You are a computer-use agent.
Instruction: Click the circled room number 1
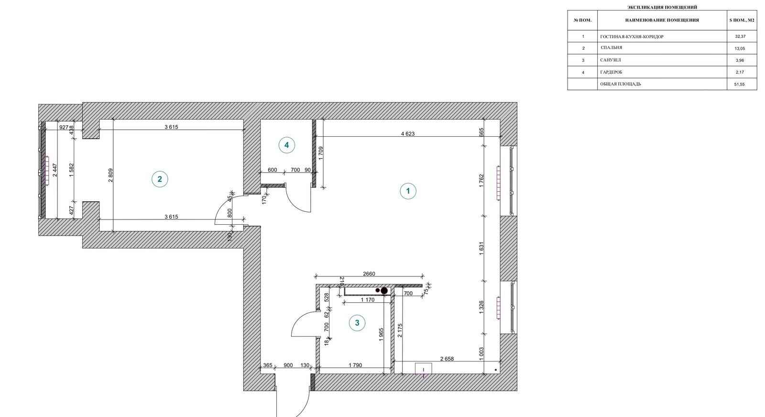(x=408, y=191)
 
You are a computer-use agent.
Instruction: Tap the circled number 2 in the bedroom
(x=160, y=179)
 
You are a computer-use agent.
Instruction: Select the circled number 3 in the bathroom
(x=357, y=323)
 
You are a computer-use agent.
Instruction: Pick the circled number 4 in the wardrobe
(x=286, y=145)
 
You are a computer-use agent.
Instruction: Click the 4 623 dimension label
(x=408, y=133)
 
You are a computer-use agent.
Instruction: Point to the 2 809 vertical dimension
(x=110, y=175)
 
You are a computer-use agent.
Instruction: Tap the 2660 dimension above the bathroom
(x=369, y=274)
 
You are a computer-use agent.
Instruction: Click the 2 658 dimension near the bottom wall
(x=447, y=359)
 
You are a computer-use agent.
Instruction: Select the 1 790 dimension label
(x=355, y=365)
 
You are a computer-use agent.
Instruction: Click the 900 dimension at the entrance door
(x=288, y=365)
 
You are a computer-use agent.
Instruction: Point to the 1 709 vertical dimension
(x=320, y=154)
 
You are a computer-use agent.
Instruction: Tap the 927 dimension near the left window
(x=64, y=127)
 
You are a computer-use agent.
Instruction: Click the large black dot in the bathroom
(x=384, y=291)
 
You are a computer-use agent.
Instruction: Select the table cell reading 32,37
(x=741, y=36)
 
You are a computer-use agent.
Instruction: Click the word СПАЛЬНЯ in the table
(x=612, y=48)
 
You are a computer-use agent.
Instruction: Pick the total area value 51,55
(x=740, y=84)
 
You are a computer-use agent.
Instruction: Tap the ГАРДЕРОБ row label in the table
(x=612, y=72)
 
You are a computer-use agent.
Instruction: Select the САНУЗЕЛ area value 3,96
(x=740, y=60)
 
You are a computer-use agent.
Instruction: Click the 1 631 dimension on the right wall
(x=481, y=249)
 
